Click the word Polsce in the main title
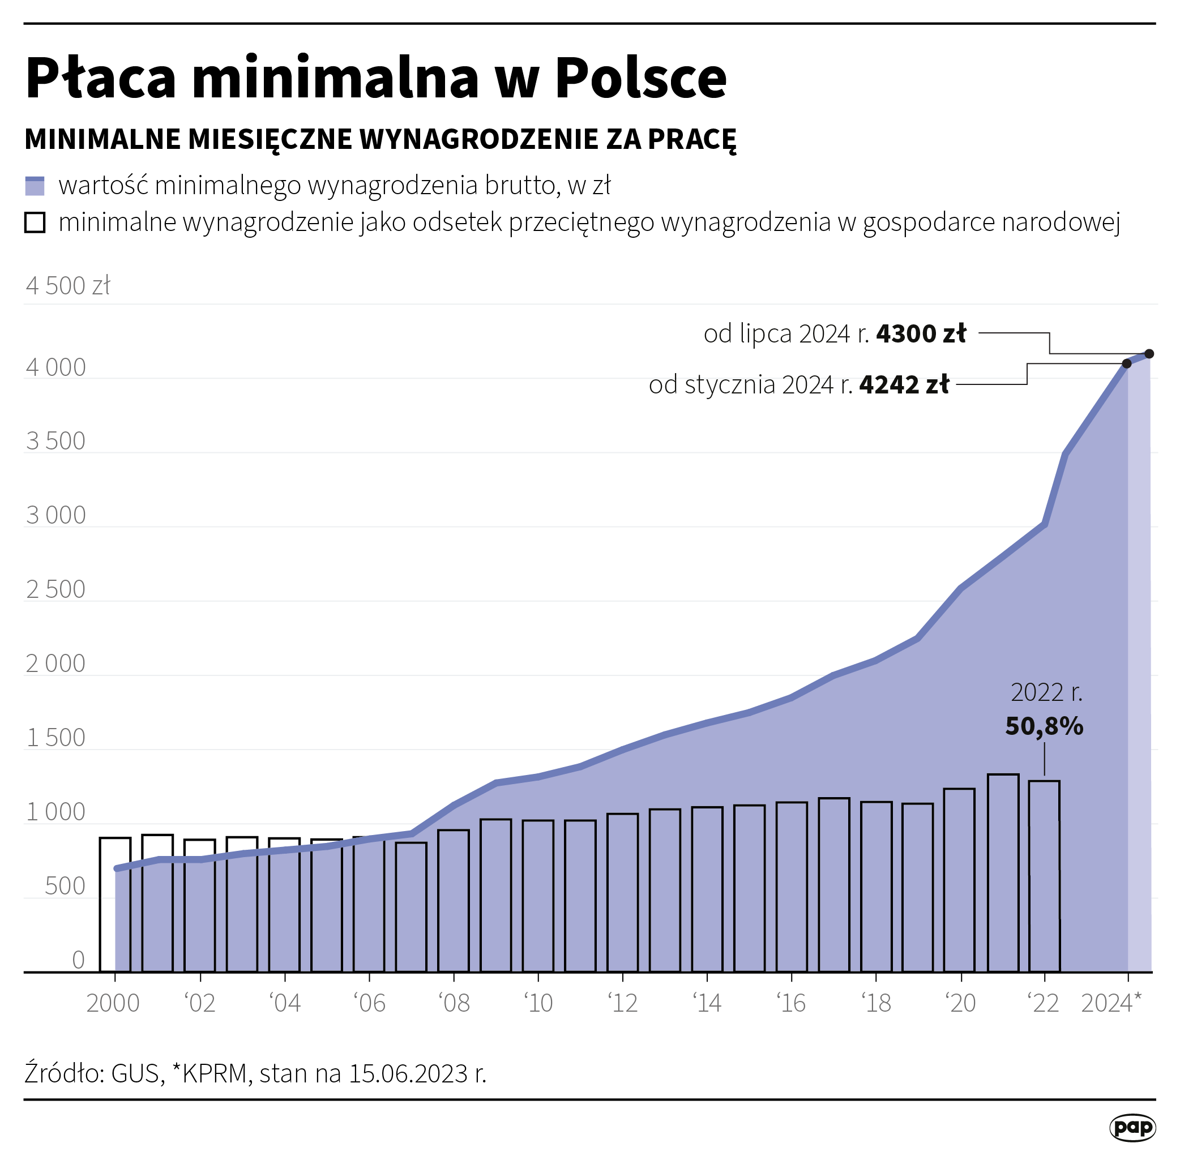click(640, 78)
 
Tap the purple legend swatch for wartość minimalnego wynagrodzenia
click(35, 186)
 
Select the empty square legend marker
click(35, 222)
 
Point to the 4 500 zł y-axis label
click(67, 286)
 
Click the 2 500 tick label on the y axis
click(55, 589)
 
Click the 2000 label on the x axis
click(113, 1003)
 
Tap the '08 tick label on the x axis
click(454, 1003)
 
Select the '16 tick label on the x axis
click(791, 1003)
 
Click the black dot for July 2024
click(1149, 354)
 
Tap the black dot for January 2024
click(1126, 363)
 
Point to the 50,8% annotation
click(1044, 726)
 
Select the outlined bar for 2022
click(1044, 878)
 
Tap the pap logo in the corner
click(1132, 1128)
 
